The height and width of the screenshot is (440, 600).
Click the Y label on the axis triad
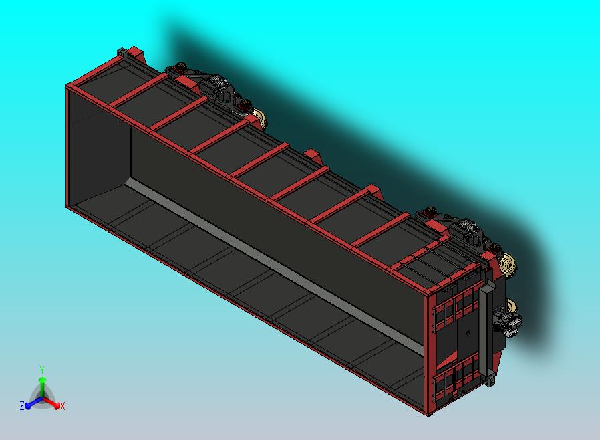[x=42, y=370]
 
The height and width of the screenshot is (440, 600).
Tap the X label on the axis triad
[x=63, y=406]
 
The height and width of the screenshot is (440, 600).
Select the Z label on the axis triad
[x=22, y=405]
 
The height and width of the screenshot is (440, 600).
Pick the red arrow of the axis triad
[x=51, y=403]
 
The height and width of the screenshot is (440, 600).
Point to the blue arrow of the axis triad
[x=33, y=403]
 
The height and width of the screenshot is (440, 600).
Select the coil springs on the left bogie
[x=217, y=82]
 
